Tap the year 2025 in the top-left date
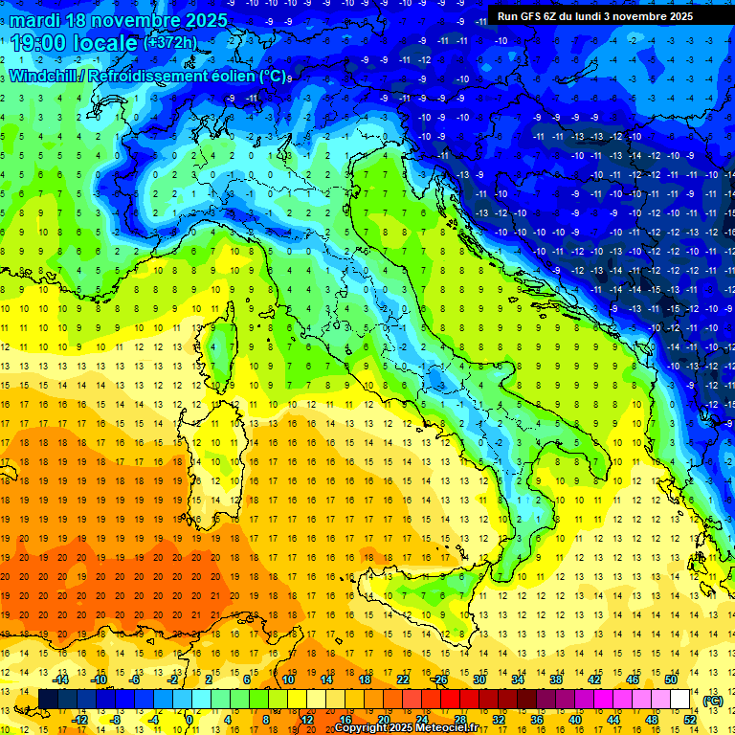[x=202, y=20]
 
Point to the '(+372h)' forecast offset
[x=172, y=42]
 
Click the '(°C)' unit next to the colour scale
[x=713, y=701]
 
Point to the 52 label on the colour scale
[x=690, y=720]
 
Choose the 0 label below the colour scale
[x=189, y=720]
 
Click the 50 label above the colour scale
[x=671, y=679]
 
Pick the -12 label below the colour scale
[x=80, y=720]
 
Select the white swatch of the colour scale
[x=680, y=699]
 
